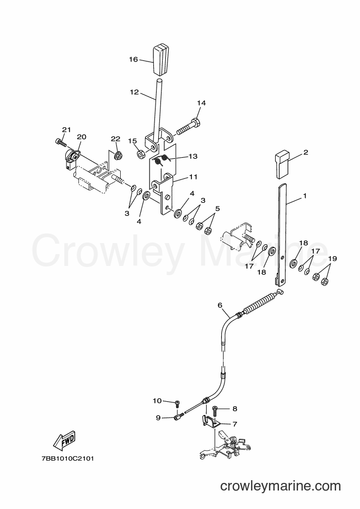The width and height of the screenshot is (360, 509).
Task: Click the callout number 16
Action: pos(133,59)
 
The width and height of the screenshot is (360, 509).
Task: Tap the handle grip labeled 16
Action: pos(161,60)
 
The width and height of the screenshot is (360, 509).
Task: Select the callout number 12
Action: pos(134,92)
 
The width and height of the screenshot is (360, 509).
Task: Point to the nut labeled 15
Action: pos(141,154)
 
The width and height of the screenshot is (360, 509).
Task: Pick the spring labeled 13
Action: pos(162,160)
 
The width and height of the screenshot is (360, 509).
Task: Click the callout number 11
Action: pos(194,177)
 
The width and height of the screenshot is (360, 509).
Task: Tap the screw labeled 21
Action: pos(60,142)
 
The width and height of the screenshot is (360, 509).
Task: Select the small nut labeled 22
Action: pos(118,156)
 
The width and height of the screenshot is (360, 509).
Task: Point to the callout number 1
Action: pos(305,196)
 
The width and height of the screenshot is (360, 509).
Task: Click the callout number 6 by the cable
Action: pos(220,305)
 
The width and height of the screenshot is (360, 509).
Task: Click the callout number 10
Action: pos(157,401)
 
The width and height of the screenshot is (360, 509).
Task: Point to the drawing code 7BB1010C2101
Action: pos(67,459)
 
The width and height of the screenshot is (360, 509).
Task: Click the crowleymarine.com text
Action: pos(281,486)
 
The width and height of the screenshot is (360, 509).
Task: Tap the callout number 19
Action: pos(332,259)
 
